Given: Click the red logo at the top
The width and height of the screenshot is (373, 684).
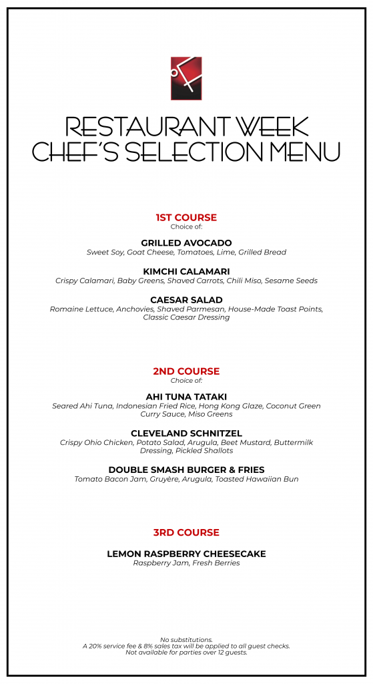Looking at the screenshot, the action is coord(186,78).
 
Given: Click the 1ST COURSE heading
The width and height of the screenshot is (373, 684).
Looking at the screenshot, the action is coord(186,218).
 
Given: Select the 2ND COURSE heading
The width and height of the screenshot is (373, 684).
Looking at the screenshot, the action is coord(186,371).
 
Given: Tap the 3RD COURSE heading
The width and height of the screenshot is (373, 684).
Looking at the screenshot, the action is coord(186,532).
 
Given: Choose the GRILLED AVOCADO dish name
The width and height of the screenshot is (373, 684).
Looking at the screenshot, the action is coord(186,242).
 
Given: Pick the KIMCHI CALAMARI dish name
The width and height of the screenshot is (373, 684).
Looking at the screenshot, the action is coord(186,271).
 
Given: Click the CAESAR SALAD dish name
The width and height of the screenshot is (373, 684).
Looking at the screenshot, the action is coord(186,300).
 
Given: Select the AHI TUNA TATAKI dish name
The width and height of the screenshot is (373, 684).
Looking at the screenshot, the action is coord(186,396).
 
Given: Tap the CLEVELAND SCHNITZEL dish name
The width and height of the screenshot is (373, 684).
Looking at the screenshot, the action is coord(186,433).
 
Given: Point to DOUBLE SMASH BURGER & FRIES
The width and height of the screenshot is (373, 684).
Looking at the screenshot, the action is coord(186,470).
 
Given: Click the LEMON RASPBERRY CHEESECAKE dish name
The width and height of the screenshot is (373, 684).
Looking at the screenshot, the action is coord(186,554).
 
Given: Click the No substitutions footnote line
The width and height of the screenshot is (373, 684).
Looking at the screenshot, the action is coord(186,639).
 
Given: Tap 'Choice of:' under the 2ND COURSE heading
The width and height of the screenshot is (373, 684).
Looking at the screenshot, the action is coord(186,381).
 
